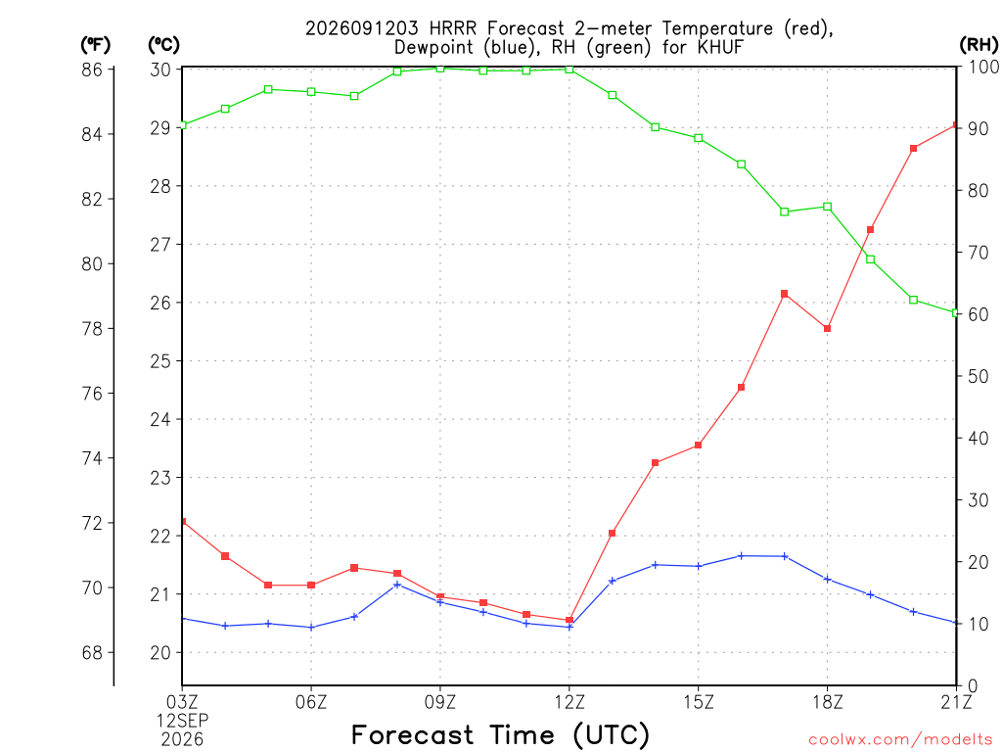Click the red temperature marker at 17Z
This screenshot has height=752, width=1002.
click(784, 294)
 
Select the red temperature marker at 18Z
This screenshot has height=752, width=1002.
click(827, 329)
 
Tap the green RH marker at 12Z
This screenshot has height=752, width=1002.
click(569, 70)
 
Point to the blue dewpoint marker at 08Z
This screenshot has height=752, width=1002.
click(397, 585)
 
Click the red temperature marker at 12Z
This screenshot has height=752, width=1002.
click(569, 620)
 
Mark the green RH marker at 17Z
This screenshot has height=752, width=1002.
click(784, 211)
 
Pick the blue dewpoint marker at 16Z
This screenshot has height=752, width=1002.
click(742, 556)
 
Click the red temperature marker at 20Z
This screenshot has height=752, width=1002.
click(913, 149)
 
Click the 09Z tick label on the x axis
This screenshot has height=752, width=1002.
click(440, 702)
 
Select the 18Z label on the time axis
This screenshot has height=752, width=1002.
click(827, 702)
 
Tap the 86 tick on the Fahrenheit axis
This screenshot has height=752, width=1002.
click(92, 70)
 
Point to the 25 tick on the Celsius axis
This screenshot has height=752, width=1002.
click(160, 361)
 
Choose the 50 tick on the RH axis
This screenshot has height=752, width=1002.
click(978, 376)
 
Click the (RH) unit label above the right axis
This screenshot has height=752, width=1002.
click(979, 45)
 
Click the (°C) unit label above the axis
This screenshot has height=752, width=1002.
click(163, 45)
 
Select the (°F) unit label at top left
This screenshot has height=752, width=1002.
click(95, 45)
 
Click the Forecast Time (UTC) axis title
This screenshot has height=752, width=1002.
click(500, 734)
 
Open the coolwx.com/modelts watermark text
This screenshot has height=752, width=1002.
click(900, 739)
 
